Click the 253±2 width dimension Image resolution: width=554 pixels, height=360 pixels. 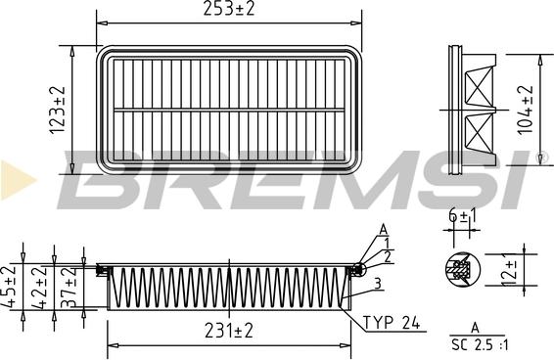(228, 10)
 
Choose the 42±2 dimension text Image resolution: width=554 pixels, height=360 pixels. (40, 287)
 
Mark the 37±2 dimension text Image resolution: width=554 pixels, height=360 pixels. (69, 287)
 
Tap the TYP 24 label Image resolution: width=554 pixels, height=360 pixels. (392, 322)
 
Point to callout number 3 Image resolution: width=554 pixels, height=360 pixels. (378, 283)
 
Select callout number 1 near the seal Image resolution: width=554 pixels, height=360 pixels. (387, 243)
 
